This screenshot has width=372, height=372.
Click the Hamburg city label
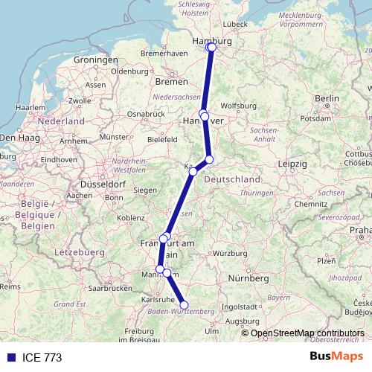pos(211,42)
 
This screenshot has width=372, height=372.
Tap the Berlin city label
pos(327,98)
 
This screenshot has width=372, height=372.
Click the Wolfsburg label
pos(237,106)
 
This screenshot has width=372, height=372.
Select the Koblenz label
pos(130,217)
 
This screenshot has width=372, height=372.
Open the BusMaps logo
pos(340,357)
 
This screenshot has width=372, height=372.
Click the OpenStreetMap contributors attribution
pos(308,333)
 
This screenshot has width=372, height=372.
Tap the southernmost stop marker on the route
pos(185,304)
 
